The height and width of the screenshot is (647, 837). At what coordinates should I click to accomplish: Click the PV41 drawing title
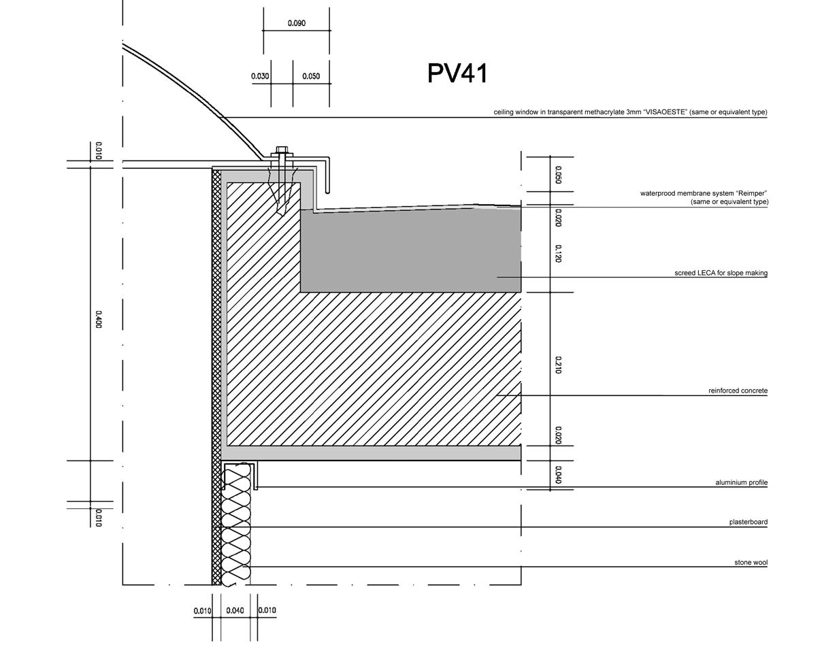point(457,73)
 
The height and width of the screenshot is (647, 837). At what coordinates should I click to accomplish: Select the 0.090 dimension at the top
point(297,23)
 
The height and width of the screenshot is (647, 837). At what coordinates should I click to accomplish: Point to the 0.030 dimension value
point(260,76)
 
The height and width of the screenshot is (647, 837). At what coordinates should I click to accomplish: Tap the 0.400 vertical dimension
point(98,320)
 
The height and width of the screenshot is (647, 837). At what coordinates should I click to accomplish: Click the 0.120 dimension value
point(558,254)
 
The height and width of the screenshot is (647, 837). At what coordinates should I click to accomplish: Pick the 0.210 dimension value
point(558,365)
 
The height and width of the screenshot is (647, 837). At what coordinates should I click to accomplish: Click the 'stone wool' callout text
point(751,563)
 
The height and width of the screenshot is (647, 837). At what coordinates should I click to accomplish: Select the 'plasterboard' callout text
point(748,522)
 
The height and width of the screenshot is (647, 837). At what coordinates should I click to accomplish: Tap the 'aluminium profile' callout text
point(741,482)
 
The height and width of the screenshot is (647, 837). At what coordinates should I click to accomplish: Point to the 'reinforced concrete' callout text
point(738,391)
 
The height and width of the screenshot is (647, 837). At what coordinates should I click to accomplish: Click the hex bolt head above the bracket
point(282,150)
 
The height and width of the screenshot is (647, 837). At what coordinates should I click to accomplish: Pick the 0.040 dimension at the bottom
point(235,610)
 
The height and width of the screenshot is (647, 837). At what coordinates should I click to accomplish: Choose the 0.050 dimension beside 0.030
point(311,76)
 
